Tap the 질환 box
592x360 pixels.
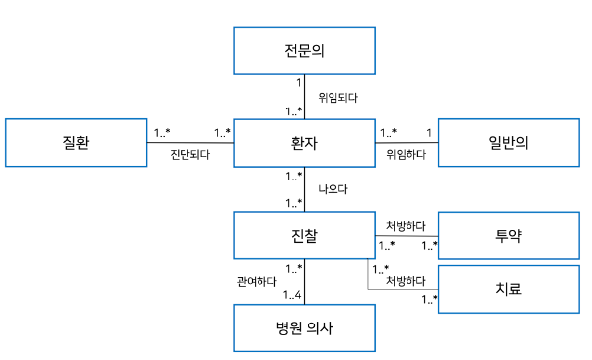click(x=75, y=144)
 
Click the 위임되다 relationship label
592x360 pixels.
click(x=337, y=98)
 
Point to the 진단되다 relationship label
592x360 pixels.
click(x=189, y=155)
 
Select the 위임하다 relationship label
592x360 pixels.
click(x=406, y=155)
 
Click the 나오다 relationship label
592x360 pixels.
click(x=333, y=188)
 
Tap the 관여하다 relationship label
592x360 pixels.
click(x=256, y=281)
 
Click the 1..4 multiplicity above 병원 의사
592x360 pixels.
click(x=292, y=295)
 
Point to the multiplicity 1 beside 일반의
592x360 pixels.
click(x=428, y=132)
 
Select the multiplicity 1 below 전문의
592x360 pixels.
click(x=298, y=83)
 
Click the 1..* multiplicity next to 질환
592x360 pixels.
click(x=162, y=132)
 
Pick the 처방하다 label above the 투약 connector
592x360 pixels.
click(x=406, y=226)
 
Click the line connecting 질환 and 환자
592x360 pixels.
click(x=189, y=143)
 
